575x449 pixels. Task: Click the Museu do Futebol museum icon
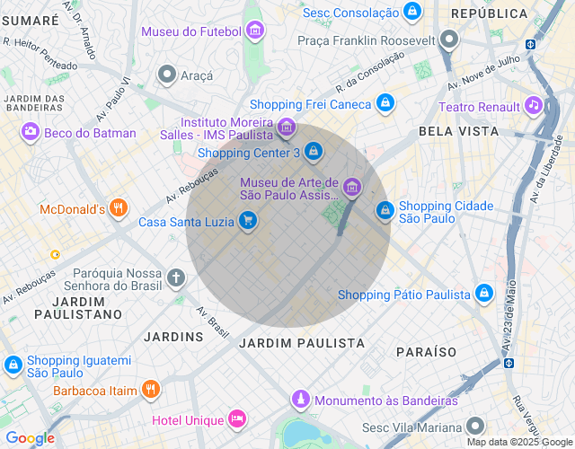pos(255,31)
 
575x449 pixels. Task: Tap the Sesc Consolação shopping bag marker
pos(411,12)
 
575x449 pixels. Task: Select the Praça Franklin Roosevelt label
pos(367,40)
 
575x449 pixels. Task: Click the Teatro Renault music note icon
pos(534,107)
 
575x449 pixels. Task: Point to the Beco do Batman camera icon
pos(31,133)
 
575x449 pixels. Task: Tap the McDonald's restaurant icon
pos(118,209)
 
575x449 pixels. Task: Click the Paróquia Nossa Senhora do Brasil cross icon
pos(175,277)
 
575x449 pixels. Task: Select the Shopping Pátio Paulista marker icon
pos(483,294)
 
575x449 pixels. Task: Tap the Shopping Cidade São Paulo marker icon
pos(385,210)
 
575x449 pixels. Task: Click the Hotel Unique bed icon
pos(236,419)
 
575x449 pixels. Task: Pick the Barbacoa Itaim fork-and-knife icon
pos(150,391)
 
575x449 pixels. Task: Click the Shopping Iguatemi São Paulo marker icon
pos(13,365)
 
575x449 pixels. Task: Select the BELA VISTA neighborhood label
pos(458,131)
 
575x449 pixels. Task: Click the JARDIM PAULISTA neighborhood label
pos(302,343)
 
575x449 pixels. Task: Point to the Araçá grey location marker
pos(166,75)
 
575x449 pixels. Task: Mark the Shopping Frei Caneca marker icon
pos(385,104)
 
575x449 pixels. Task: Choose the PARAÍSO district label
pos(425,351)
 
